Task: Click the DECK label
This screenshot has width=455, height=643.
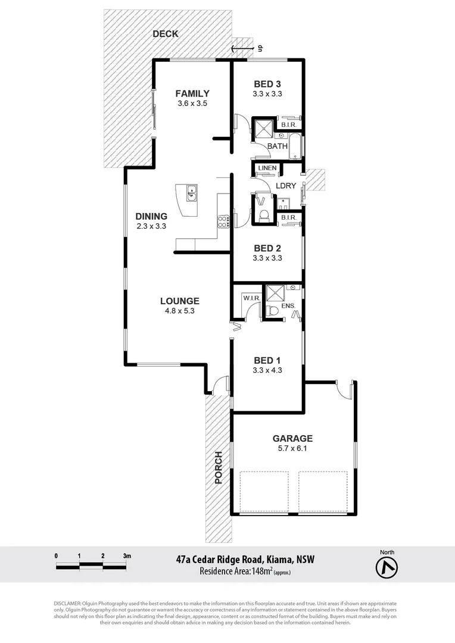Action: (165, 34)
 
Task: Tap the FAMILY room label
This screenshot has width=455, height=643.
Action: (192, 93)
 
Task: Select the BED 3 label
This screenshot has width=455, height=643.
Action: (267, 84)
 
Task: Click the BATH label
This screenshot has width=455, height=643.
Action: (277, 146)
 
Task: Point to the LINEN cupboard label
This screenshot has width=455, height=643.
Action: (267, 168)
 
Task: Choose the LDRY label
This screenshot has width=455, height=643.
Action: (286, 186)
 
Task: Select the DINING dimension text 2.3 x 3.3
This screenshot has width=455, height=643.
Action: (151, 226)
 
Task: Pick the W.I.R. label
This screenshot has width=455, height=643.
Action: (250, 297)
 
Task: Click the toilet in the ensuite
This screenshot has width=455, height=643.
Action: (272, 310)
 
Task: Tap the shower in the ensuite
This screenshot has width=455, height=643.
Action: (275, 294)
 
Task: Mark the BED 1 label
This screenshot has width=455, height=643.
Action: (267, 360)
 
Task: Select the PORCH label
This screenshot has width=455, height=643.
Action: (219, 467)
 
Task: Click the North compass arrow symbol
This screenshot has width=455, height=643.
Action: (387, 568)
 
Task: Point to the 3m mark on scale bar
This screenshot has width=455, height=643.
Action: (127, 555)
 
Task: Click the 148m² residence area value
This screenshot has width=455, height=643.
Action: (261, 572)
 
